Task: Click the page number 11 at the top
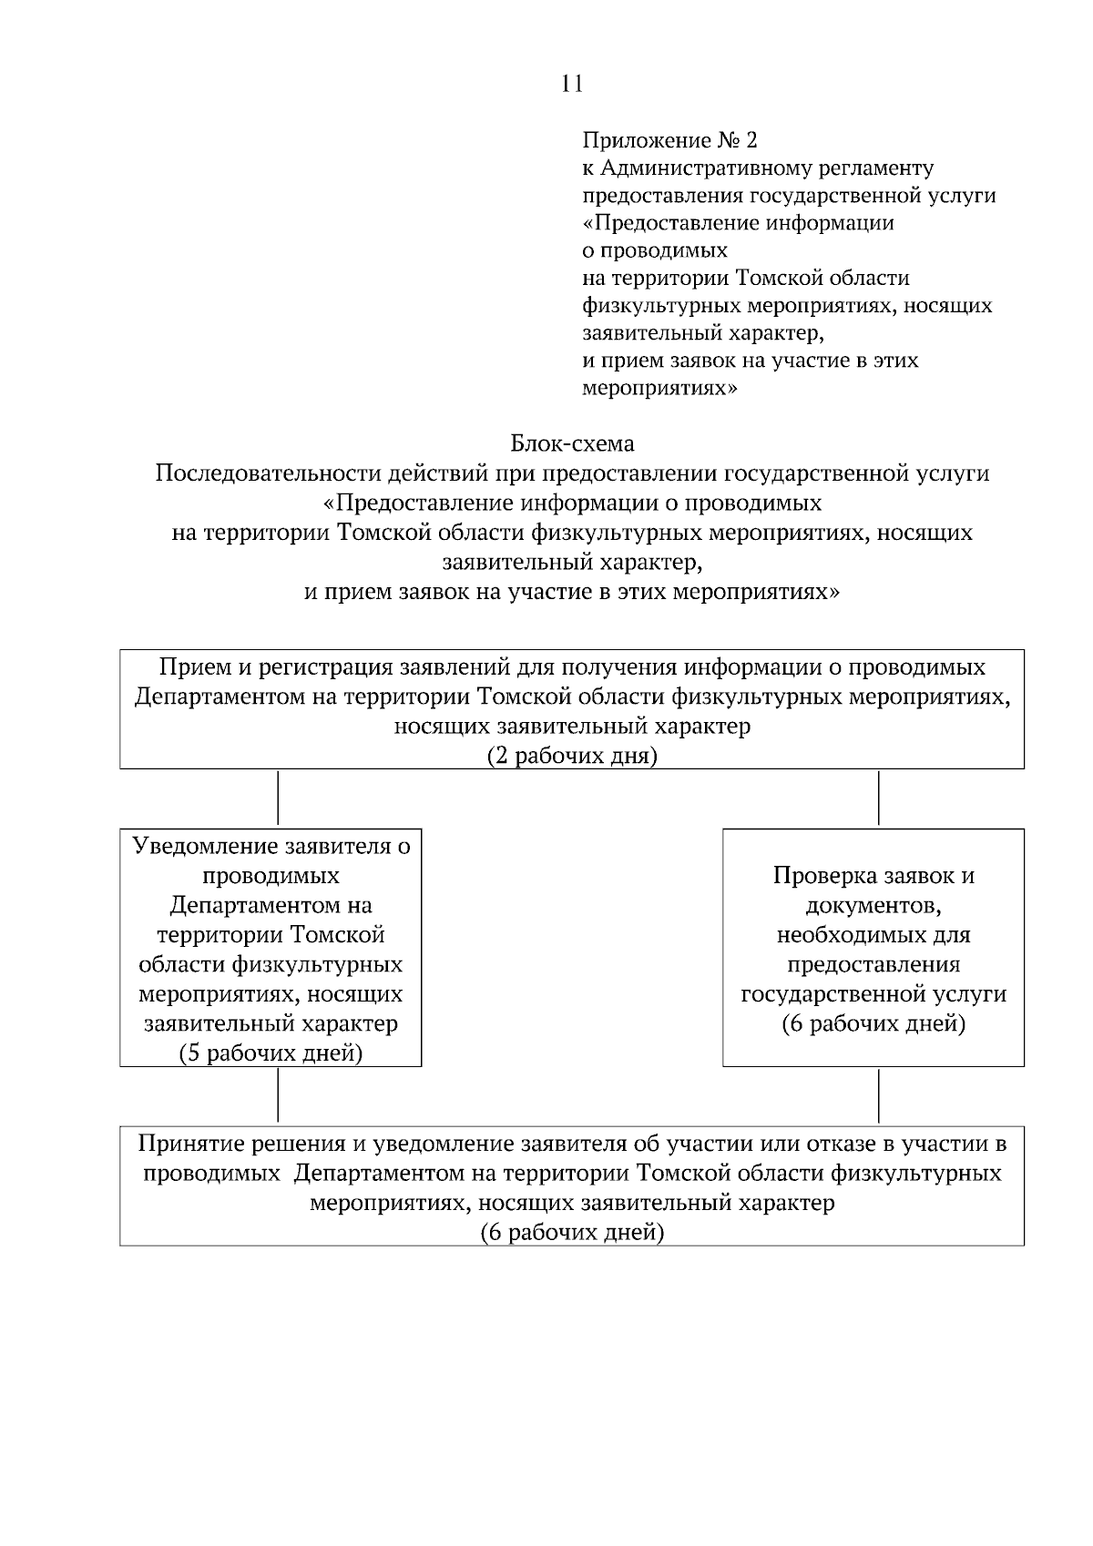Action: (x=572, y=84)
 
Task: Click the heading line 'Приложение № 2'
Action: (x=669, y=140)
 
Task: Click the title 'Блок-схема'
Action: (x=572, y=443)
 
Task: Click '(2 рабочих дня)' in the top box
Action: (x=572, y=757)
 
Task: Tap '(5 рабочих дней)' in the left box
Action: (x=271, y=1053)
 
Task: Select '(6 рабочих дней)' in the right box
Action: (x=873, y=1023)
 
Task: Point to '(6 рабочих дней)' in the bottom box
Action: (x=572, y=1232)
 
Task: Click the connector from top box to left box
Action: (x=277, y=798)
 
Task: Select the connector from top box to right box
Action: (x=878, y=798)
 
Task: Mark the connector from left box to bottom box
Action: (x=277, y=1095)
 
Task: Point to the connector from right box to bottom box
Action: (x=878, y=1095)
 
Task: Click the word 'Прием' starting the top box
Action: (x=187, y=667)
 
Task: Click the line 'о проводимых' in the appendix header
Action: (x=655, y=249)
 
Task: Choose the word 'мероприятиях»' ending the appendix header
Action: (x=659, y=388)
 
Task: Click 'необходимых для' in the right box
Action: (x=873, y=935)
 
